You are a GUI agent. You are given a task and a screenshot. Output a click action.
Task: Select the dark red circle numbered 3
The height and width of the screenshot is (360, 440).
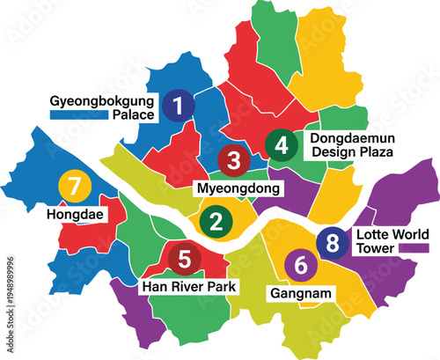click(233, 160)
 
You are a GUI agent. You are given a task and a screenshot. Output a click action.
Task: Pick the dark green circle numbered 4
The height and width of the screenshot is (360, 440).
click(282, 143)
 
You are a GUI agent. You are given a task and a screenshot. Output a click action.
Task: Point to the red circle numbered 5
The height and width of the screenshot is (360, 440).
click(184, 259)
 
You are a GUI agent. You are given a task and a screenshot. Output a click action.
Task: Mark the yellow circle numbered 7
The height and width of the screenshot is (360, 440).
click(74, 187)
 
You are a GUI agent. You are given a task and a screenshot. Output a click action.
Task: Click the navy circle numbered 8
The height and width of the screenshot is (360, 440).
click(332, 242)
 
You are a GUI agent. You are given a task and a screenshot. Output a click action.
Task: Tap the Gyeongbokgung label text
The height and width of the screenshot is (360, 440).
click(104, 99)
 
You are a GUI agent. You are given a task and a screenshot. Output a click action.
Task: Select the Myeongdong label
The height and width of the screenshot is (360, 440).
click(237, 188)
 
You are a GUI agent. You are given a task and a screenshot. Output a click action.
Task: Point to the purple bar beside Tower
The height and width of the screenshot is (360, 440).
click(409, 250)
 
